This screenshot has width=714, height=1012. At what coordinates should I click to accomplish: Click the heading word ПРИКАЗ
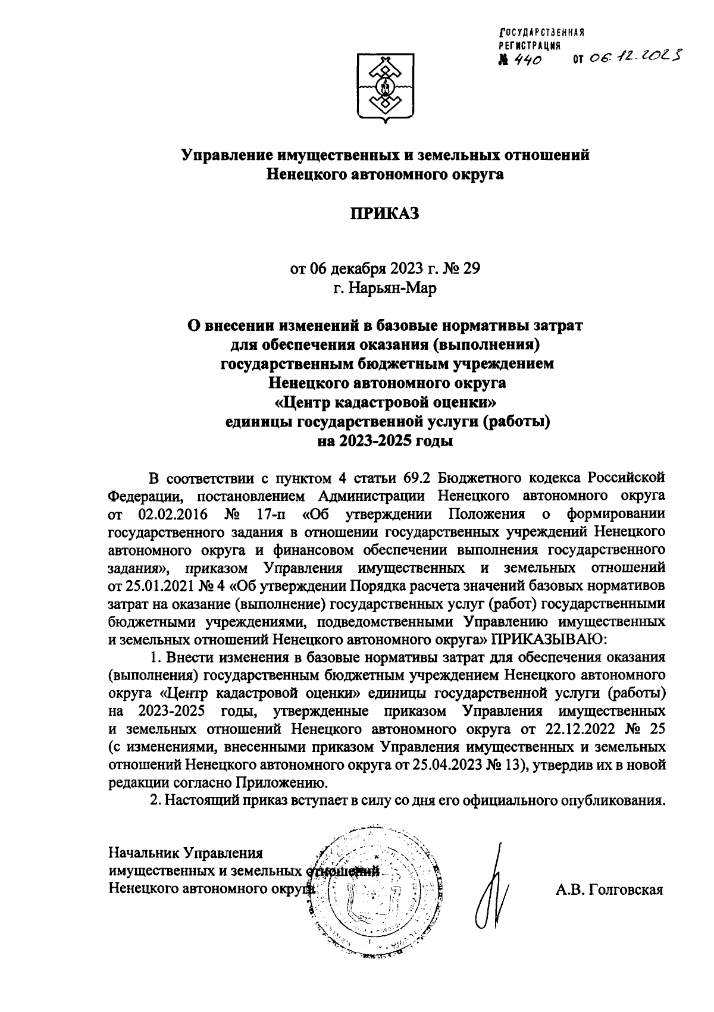[384, 213]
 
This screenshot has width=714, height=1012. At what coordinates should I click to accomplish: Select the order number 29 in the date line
[471, 268]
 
